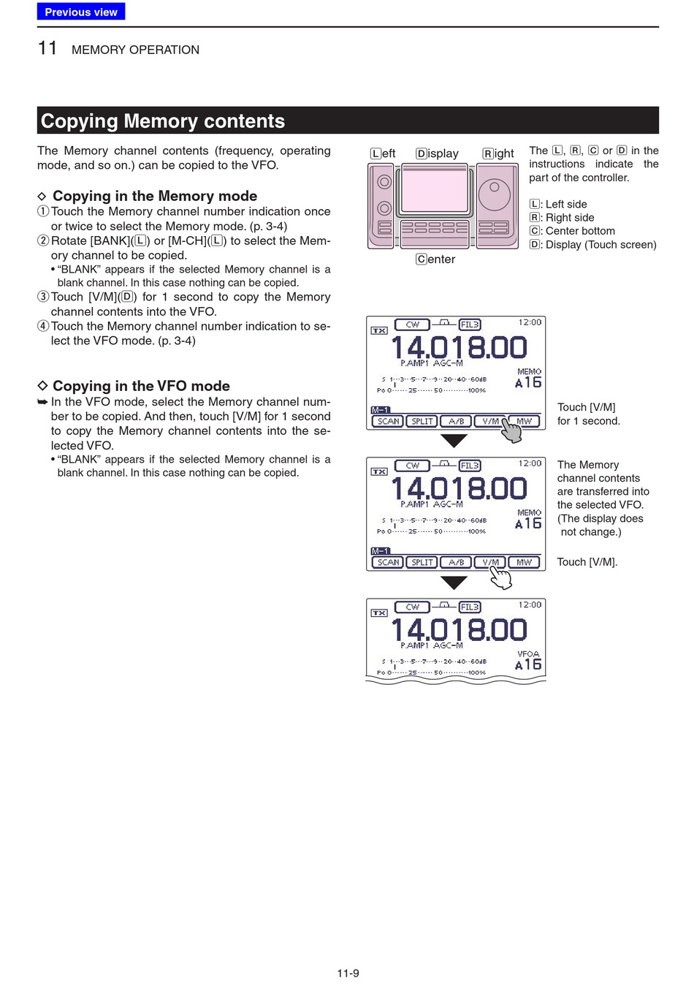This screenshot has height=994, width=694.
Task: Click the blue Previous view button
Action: pyautogui.click(x=81, y=12)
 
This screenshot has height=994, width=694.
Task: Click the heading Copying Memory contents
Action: pyautogui.click(x=163, y=121)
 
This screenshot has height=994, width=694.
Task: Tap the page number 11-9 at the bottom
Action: pyautogui.click(x=348, y=973)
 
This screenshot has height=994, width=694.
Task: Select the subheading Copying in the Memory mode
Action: pyautogui.click(x=154, y=196)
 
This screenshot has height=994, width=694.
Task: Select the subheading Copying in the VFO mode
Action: pyautogui.click(x=141, y=386)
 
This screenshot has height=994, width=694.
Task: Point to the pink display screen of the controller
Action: pyautogui.click(x=435, y=191)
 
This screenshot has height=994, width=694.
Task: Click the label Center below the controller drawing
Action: pyautogui.click(x=435, y=259)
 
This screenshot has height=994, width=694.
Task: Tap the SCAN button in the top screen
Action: pyautogui.click(x=388, y=421)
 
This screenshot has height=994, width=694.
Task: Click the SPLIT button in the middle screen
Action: pyautogui.click(x=422, y=562)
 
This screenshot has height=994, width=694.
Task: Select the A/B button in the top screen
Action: pyautogui.click(x=457, y=421)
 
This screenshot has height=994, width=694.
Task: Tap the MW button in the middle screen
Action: pyautogui.click(x=525, y=562)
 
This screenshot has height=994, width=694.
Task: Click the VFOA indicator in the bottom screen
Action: pyautogui.click(x=528, y=654)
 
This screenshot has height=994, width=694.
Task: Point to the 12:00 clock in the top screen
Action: pyautogui.click(x=530, y=322)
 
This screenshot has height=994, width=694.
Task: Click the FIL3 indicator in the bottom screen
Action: pyautogui.click(x=470, y=607)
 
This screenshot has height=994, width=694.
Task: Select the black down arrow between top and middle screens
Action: pyautogui.click(x=454, y=441)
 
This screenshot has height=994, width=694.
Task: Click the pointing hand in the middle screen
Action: pyautogui.click(x=500, y=577)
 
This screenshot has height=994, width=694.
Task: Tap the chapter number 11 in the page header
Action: pyautogui.click(x=47, y=48)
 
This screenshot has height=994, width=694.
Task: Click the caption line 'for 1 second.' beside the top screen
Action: pyautogui.click(x=588, y=421)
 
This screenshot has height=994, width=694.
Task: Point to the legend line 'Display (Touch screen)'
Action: pyautogui.click(x=600, y=245)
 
